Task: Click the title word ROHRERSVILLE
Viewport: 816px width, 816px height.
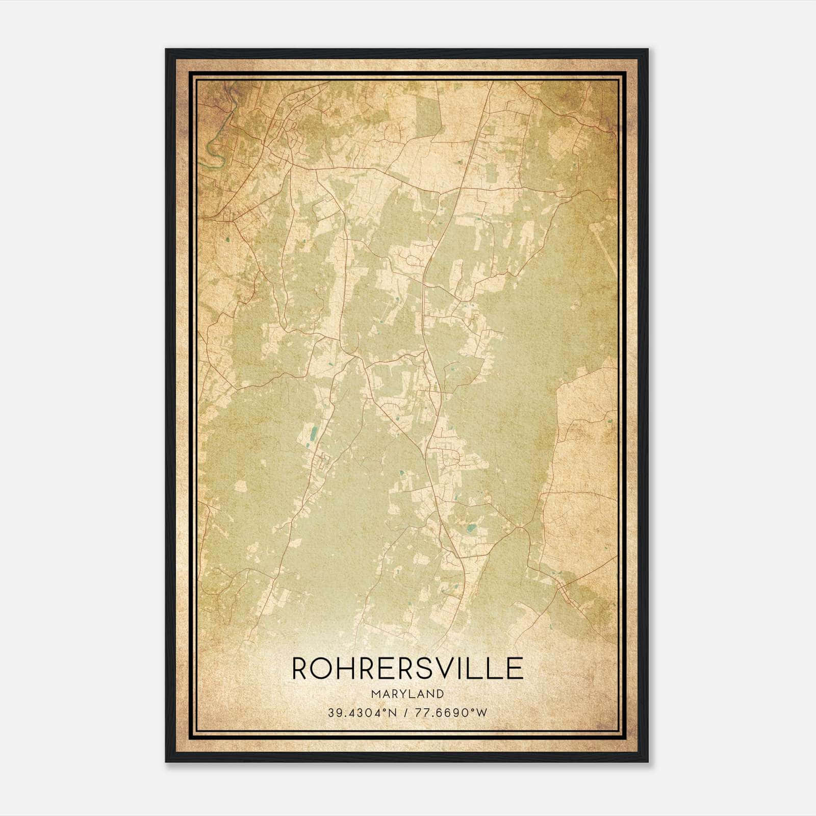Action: [x=407, y=668]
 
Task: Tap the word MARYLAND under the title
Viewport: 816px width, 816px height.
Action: [x=407, y=694]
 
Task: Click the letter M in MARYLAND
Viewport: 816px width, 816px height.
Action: [x=376, y=694]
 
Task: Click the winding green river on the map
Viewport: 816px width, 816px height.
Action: [x=214, y=148]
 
